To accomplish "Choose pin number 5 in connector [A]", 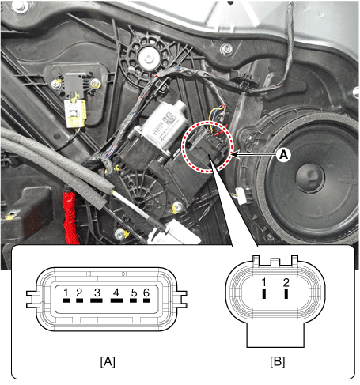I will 135,298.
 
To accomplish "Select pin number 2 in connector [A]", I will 79,298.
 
